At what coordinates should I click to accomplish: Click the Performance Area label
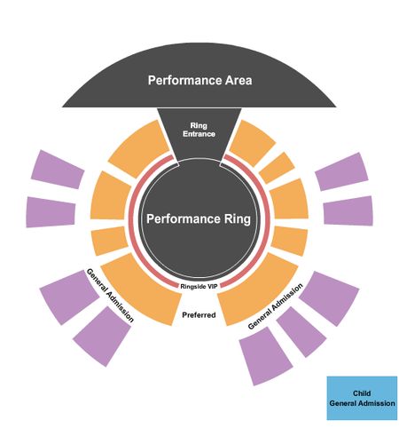coord(199,80)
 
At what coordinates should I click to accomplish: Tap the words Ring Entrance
coord(199,130)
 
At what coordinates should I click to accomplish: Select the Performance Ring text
coord(199,219)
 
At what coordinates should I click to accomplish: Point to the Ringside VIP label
coord(199,286)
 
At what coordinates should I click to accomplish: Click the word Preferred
coord(199,315)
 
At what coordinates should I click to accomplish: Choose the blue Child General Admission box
coord(362,398)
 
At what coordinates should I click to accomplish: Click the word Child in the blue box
coord(362,393)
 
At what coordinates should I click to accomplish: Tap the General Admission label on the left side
coord(110,295)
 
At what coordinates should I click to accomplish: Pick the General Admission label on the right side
coord(275,306)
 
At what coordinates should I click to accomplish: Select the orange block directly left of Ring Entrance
coord(139,148)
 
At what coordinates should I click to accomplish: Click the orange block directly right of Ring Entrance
coord(252,142)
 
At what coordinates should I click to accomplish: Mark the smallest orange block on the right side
coord(277,168)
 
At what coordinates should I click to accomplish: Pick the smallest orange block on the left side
coord(109,241)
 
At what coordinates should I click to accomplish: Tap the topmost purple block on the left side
coord(58,170)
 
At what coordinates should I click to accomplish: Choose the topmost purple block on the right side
coord(342,171)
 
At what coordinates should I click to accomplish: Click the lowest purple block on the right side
coord(265,356)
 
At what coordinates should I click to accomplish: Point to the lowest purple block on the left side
coord(102,337)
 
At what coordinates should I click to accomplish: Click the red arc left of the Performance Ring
coord(131,219)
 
